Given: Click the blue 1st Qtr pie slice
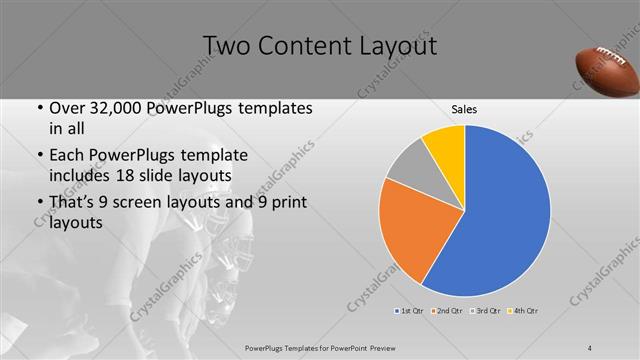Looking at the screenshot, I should [x=500, y=215].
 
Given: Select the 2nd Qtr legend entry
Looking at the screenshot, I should [x=448, y=311].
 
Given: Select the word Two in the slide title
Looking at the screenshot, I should [x=229, y=46].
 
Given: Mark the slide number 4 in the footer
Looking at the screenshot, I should [x=591, y=347].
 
